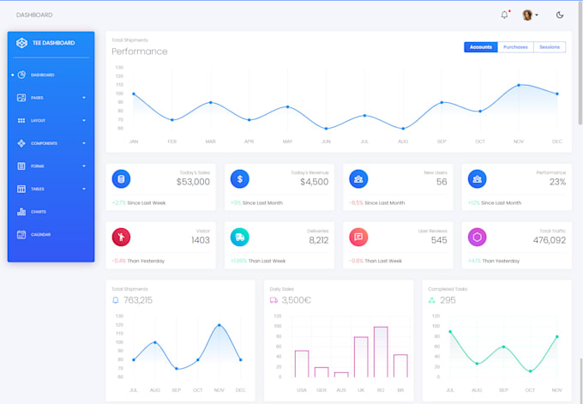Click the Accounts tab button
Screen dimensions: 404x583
[x=481, y=47]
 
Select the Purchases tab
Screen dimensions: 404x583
[x=515, y=47]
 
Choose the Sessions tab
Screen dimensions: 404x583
[x=550, y=47]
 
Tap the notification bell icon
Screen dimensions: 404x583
[x=504, y=15]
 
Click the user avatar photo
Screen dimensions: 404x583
[x=527, y=15]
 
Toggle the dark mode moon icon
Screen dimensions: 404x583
[x=560, y=15]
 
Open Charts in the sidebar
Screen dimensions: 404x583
[x=38, y=212]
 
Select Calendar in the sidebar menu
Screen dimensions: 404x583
[x=40, y=234]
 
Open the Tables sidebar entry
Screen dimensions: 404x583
[x=38, y=189]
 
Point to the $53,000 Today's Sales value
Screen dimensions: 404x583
[x=193, y=182]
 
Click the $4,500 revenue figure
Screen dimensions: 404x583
[x=314, y=182]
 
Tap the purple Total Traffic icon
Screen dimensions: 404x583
[x=478, y=237]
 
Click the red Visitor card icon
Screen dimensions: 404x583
[x=121, y=237]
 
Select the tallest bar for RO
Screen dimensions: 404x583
[x=380, y=352]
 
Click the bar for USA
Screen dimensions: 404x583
[x=302, y=364]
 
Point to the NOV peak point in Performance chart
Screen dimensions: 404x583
[x=519, y=85]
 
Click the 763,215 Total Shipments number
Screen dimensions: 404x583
[x=138, y=300]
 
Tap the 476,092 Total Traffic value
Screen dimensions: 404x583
[x=549, y=240]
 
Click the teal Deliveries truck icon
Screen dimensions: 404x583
[x=240, y=237]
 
